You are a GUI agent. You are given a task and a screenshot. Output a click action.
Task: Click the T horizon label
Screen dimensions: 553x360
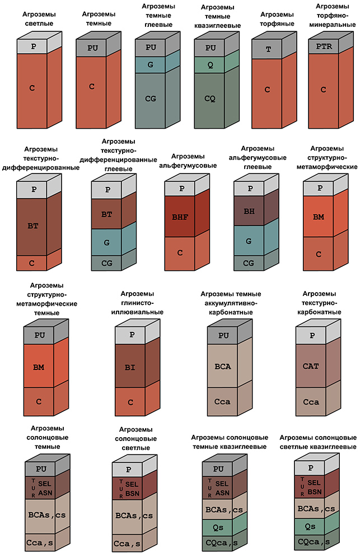click(x=268, y=49)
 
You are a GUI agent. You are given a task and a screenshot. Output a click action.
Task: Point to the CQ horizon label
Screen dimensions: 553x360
click(x=209, y=99)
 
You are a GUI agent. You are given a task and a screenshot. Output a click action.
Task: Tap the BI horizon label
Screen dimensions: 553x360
click(x=129, y=367)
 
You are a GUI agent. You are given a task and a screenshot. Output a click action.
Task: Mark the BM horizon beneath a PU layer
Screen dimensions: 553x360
click(x=39, y=367)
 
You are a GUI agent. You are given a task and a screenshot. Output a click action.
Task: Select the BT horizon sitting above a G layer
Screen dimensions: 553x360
click(x=106, y=213)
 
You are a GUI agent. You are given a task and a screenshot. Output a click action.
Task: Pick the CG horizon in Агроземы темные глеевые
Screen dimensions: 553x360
click(x=150, y=99)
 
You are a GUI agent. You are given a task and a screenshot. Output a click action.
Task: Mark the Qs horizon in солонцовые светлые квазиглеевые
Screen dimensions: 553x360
click(x=310, y=526)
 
